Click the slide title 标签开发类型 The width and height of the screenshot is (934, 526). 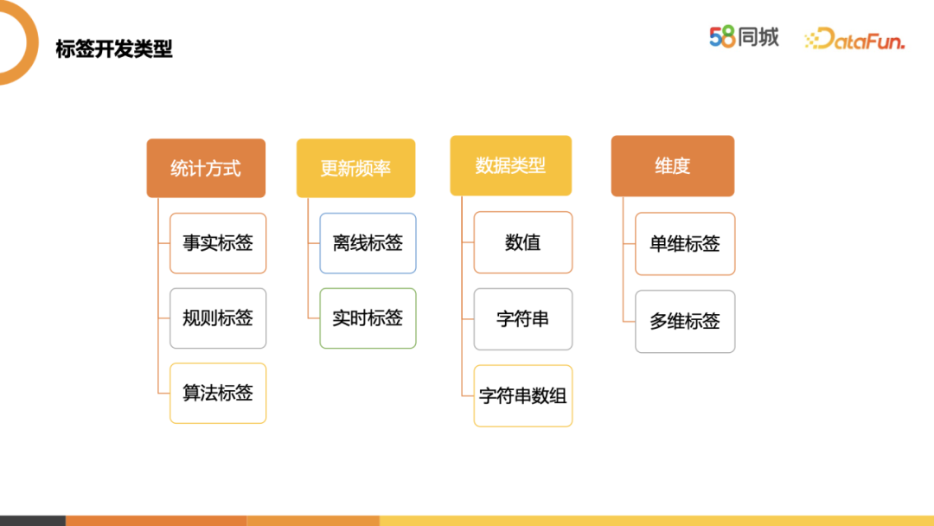[114, 49]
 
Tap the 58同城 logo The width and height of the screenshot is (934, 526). [744, 37]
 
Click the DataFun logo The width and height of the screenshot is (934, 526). [854, 39]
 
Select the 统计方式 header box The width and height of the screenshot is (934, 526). [206, 168]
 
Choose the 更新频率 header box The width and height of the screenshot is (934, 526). [355, 168]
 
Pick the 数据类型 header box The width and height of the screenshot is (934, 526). [510, 165]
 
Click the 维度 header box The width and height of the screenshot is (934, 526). [672, 165]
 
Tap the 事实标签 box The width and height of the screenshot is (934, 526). [218, 243]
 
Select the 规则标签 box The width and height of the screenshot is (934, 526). [218, 318]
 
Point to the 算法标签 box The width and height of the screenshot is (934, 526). [218, 393]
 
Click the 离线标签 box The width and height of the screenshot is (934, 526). [368, 243]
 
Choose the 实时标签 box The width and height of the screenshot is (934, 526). [368, 318]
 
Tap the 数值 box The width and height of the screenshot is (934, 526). [522, 242]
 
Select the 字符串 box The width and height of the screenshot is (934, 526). [522, 319]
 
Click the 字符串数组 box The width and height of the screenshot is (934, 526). [522, 396]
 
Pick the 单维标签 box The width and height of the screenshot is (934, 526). [685, 244]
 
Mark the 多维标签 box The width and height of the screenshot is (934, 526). [685, 322]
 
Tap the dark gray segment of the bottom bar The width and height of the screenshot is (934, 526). [32, 521]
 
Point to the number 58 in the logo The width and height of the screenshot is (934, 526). [722, 37]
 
